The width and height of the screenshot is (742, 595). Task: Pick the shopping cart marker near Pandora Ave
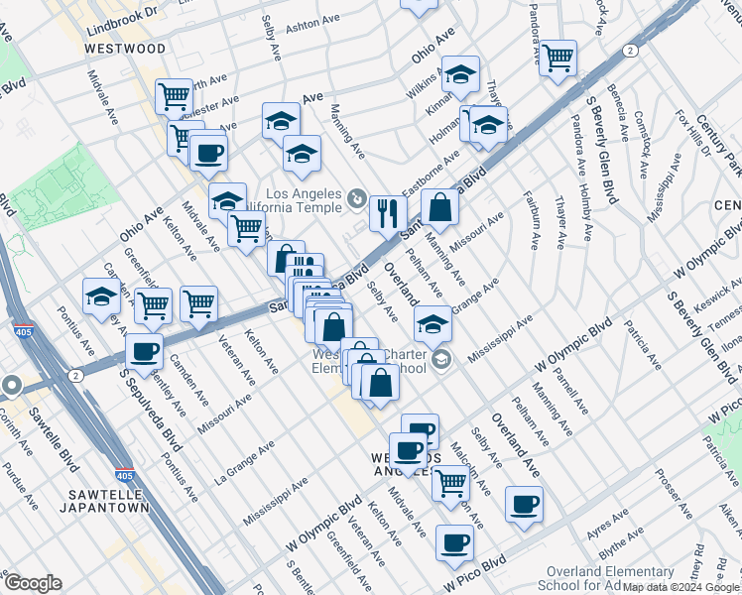click(557, 57)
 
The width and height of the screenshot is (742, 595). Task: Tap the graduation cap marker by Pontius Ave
click(101, 297)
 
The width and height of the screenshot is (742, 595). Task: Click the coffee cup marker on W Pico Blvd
click(454, 542)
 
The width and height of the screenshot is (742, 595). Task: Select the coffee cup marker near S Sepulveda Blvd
click(145, 350)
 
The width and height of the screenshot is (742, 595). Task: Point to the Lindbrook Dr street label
click(121, 13)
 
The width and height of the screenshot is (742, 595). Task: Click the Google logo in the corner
click(32, 583)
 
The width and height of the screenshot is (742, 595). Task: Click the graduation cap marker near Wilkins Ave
click(460, 74)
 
